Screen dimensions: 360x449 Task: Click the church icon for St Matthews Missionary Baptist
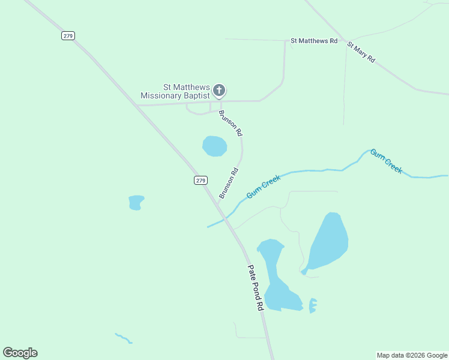(x=219, y=91)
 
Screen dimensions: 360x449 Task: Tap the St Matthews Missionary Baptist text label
(x=175, y=91)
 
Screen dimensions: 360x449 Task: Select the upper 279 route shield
(x=67, y=36)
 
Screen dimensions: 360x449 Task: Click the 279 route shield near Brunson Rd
(x=200, y=180)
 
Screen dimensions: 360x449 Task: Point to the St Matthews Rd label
(x=314, y=41)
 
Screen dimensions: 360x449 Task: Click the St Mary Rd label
(x=361, y=52)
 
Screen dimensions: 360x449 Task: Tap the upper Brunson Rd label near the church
(x=231, y=122)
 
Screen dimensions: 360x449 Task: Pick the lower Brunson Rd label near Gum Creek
(x=229, y=183)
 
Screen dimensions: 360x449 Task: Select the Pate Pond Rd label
(x=256, y=287)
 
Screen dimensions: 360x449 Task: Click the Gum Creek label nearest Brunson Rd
(x=264, y=187)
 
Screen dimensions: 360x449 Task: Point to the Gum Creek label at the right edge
(x=386, y=161)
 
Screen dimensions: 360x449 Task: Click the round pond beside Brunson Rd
(x=214, y=146)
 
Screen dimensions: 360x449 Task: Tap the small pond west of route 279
(x=136, y=202)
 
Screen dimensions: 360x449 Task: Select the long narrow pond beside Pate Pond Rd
(x=276, y=276)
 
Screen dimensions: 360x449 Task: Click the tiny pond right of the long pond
(x=312, y=305)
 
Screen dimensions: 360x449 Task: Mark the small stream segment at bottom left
(x=123, y=338)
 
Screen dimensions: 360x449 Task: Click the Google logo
(x=20, y=353)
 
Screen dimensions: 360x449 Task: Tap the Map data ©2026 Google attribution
(x=412, y=355)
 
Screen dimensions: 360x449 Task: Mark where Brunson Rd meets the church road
(x=220, y=103)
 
